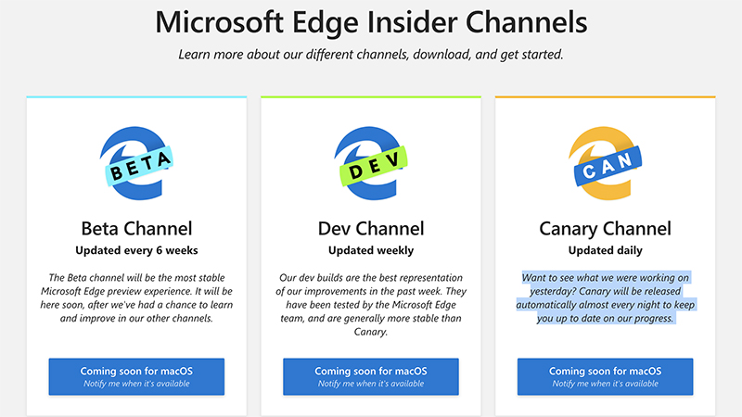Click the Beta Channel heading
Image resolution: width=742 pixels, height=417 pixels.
tap(136, 228)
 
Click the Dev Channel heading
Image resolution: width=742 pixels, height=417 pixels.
tap(370, 228)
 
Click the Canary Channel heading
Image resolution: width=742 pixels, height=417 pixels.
tap(605, 228)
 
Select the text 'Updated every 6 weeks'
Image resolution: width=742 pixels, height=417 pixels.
tap(136, 250)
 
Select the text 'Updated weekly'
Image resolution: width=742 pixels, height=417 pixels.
tap(370, 250)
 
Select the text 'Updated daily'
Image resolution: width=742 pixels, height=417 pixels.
tap(605, 250)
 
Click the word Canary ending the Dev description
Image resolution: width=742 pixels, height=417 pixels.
tap(370, 332)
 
